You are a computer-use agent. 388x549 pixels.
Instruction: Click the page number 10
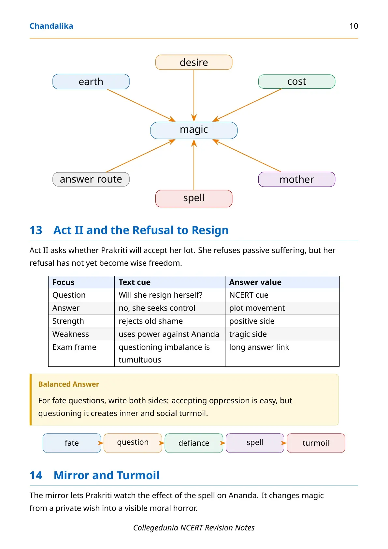[x=353, y=26]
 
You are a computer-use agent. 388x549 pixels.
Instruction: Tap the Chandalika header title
[x=51, y=26]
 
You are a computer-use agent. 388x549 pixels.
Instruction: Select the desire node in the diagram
[x=194, y=62]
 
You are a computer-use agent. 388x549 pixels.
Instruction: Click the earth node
[x=91, y=82]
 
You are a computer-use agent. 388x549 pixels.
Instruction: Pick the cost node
[x=297, y=82]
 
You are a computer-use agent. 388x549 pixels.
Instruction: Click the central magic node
[x=194, y=130]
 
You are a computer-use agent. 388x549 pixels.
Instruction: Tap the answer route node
[x=91, y=179]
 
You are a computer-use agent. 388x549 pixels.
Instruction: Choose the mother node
[x=297, y=179]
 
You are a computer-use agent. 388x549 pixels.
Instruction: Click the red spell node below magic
[x=194, y=199]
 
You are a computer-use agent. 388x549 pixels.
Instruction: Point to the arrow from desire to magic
[x=194, y=96]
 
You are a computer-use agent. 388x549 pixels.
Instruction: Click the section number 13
[x=36, y=230]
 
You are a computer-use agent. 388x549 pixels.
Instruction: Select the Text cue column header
[x=135, y=282]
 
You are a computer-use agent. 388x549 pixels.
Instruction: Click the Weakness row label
[x=71, y=334]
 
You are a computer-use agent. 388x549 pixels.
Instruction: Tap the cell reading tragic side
[x=248, y=334]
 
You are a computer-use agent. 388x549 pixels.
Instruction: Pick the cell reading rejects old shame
[x=151, y=321]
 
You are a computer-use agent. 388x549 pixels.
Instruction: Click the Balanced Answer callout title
[x=69, y=384]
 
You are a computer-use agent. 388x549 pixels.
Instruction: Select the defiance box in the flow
[x=194, y=443]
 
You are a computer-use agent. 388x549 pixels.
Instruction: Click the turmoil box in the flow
[x=316, y=443]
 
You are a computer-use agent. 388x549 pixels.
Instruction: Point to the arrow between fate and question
[x=101, y=443]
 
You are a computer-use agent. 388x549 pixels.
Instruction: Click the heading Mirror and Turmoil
[x=107, y=475]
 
